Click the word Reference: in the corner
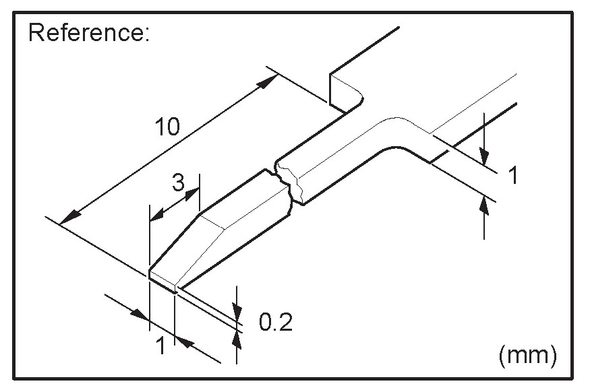click(88, 34)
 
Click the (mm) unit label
click(527, 354)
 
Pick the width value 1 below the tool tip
click(160, 346)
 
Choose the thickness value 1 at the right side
click(512, 176)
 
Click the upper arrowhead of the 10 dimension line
click(268, 82)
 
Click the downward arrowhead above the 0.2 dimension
click(237, 309)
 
